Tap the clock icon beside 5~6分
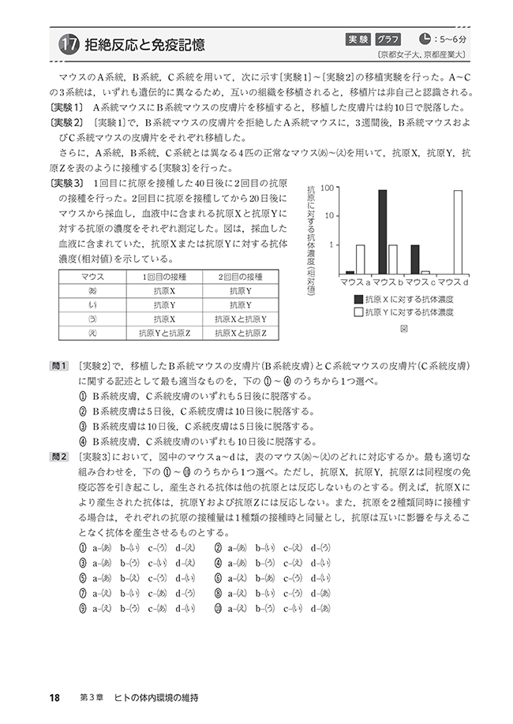[426, 38]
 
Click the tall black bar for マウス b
[382, 231]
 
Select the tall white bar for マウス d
[458, 231]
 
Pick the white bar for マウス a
[360, 259]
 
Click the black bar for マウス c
[415, 259]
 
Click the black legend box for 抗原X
[359, 299]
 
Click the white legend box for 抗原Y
[359, 312]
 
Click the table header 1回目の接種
[167, 276]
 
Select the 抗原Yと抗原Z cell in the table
[167, 333]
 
